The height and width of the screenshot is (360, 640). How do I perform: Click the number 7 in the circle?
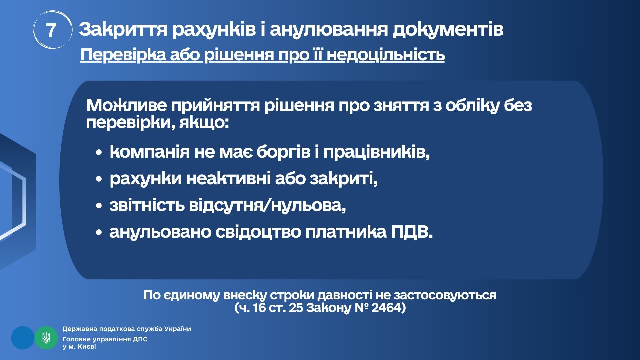click(51, 30)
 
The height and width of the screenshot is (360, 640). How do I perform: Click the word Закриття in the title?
click(123, 29)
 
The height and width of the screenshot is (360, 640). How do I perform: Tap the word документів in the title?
click(448, 30)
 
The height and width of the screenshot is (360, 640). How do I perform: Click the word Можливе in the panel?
click(126, 105)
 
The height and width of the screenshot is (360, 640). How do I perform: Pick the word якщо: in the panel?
click(204, 123)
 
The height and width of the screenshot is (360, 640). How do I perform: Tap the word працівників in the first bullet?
click(376, 152)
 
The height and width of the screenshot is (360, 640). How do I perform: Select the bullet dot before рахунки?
click(98, 179)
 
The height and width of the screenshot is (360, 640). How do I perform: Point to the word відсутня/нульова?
click(267, 205)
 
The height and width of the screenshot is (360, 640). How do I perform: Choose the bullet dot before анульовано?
click(98, 233)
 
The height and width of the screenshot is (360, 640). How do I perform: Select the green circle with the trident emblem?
click(46, 338)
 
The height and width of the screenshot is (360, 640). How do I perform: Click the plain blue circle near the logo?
click(23, 338)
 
